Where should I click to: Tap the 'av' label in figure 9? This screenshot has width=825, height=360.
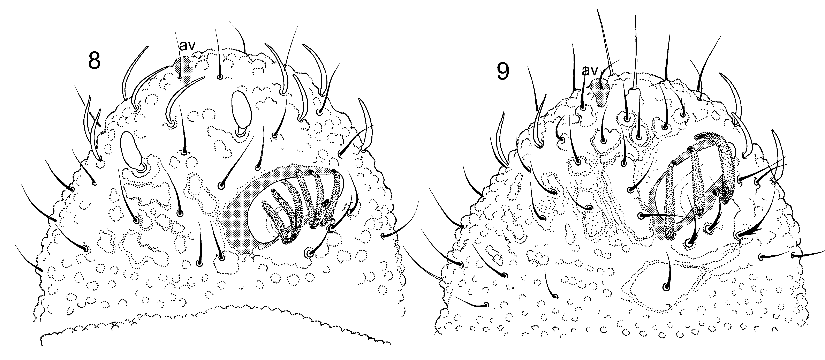[x=589, y=71]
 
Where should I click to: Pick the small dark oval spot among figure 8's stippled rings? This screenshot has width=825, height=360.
[x=326, y=202]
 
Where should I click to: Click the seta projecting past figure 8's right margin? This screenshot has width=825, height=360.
[x=400, y=224]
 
